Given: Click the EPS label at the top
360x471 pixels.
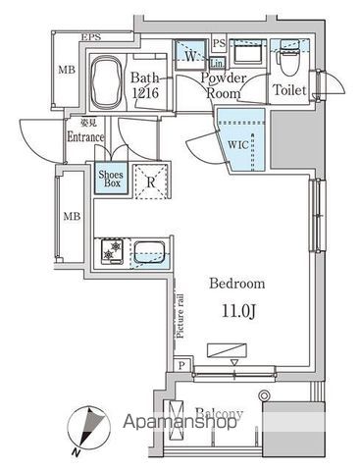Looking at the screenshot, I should click(91, 38).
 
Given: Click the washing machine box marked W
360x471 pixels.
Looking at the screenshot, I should click(189, 56).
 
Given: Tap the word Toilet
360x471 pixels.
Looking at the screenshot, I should click(290, 91).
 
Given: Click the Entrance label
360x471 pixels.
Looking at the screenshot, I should click(85, 137).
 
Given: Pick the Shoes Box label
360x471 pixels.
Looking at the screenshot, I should click(110, 180).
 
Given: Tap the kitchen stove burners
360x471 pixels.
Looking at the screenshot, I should click(111, 252).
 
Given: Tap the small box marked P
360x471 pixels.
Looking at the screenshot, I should click(183, 364).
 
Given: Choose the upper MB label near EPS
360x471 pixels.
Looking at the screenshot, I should click(67, 69).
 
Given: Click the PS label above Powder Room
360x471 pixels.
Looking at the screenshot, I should click(219, 43).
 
